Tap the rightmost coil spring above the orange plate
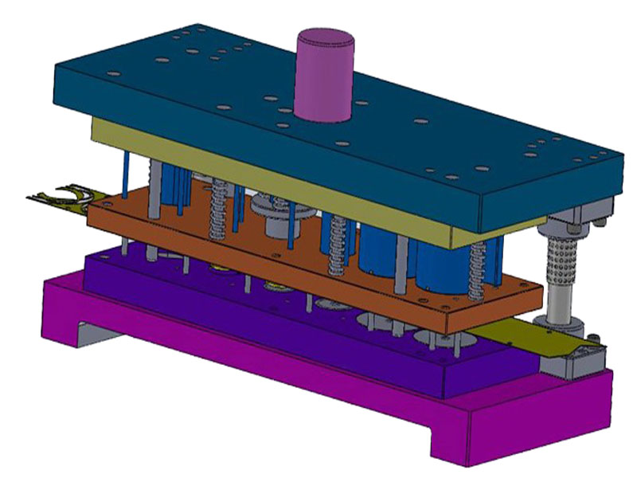[478, 272]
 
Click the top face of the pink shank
[324, 37]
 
